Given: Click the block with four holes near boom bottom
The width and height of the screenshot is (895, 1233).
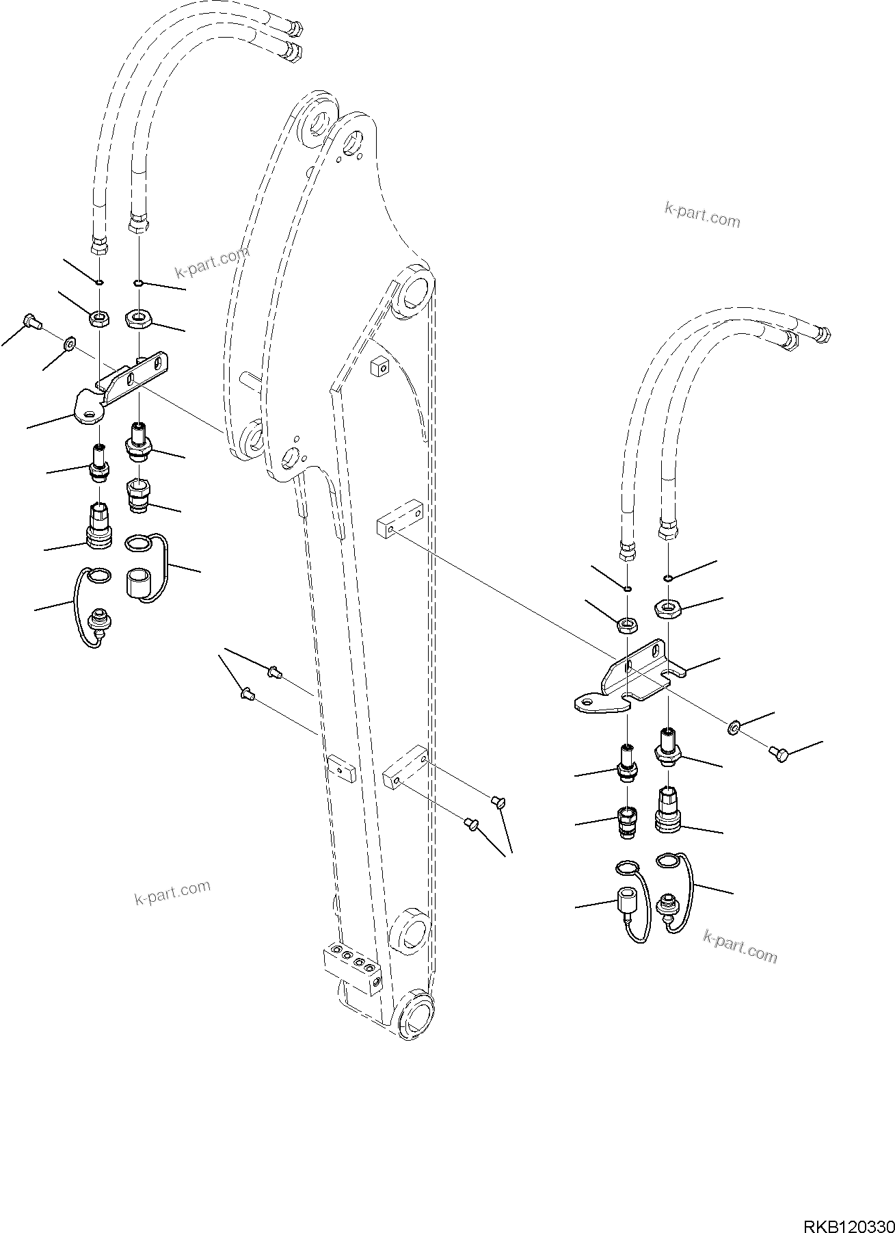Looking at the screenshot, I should point(350,963).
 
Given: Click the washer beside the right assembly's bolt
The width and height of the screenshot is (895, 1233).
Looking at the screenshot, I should point(733,728).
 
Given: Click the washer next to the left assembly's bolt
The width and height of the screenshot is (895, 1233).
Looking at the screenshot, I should point(70,342).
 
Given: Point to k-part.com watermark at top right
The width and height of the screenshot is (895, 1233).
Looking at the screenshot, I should point(702,215).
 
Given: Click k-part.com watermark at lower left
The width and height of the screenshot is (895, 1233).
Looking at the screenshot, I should point(172,893).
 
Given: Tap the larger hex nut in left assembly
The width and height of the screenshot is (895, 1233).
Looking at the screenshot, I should point(139,317).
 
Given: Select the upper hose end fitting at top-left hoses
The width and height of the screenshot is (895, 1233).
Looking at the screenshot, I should point(295,29).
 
